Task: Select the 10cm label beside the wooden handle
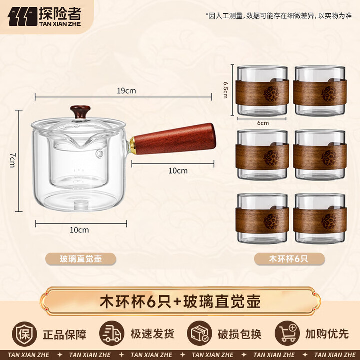pyautogui.click(x=178, y=171)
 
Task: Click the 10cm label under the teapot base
pyautogui.click(x=79, y=230)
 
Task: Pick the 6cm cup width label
pyautogui.click(x=263, y=123)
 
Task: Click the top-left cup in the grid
pyautogui.click(x=263, y=91)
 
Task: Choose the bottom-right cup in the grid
pyautogui.click(x=319, y=219)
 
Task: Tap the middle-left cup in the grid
pyautogui.click(x=263, y=155)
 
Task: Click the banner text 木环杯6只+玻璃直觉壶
pyautogui.click(x=180, y=302)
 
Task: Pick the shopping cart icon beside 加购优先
pyautogui.click(x=287, y=333)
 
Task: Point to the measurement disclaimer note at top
pyautogui.click(x=279, y=15)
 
